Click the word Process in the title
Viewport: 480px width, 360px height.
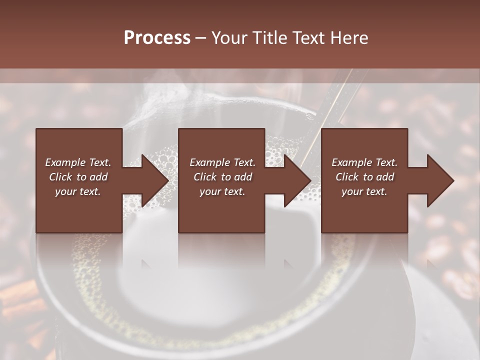coord(157,38)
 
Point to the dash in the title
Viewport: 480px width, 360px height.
coord(201,38)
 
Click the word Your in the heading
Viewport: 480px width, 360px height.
coord(228,38)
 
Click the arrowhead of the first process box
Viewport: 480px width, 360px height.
coord(154,180)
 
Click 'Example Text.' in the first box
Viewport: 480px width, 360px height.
coord(78,162)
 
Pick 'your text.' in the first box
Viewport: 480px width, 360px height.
coord(78,191)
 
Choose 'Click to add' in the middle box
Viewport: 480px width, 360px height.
coord(222,177)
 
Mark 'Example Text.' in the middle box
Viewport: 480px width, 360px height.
coord(222,162)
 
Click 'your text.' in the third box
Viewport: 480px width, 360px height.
coord(364,191)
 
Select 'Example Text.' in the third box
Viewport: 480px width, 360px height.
coord(364,162)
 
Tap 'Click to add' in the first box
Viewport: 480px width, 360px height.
coord(78,177)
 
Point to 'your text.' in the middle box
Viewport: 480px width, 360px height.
coord(222,191)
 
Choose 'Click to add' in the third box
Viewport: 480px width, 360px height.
coord(364,177)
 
